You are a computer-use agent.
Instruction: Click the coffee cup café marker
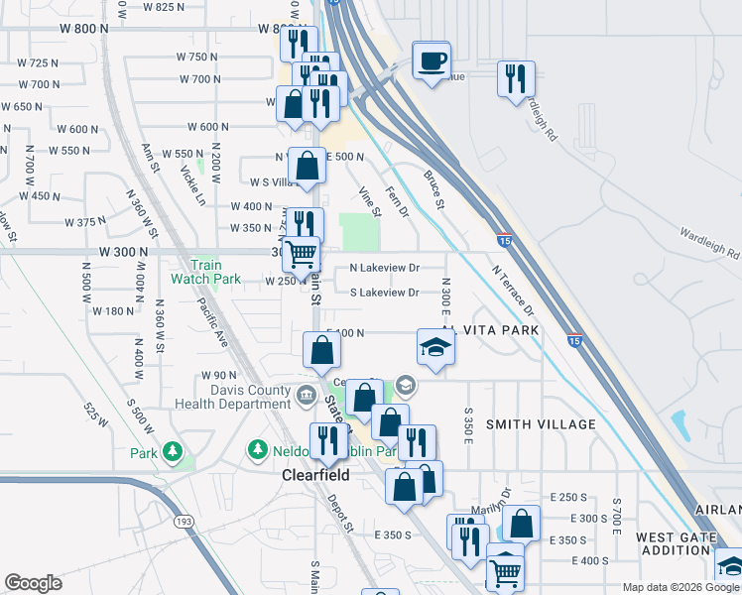(x=432, y=60)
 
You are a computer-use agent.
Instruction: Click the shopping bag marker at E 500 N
(x=307, y=167)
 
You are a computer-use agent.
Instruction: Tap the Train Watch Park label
(x=216, y=273)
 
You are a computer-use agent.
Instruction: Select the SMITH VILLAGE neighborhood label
(x=541, y=424)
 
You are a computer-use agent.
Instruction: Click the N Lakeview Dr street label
(x=385, y=268)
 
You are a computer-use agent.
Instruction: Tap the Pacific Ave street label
(x=212, y=319)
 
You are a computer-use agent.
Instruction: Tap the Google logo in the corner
(x=34, y=583)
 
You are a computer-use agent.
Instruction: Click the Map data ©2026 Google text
(x=679, y=587)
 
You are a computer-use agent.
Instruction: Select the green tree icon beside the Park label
(x=174, y=452)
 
